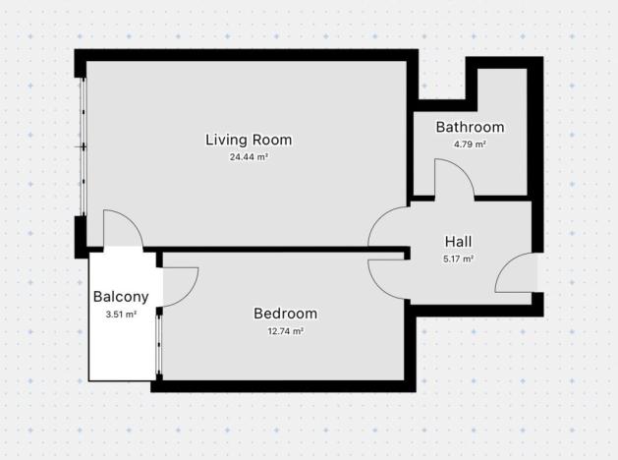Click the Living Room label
click(x=248, y=140)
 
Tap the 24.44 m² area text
click(x=249, y=156)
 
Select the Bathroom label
click(x=470, y=127)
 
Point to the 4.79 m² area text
click(x=470, y=144)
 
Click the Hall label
click(x=458, y=242)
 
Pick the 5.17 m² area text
click(x=458, y=259)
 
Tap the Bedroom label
click(x=285, y=314)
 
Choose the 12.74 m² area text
click(x=285, y=331)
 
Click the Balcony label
click(x=121, y=297)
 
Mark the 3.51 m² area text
click(x=121, y=315)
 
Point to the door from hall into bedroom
click(x=387, y=277)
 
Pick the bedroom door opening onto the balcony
click(x=181, y=286)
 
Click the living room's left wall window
click(x=84, y=147)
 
